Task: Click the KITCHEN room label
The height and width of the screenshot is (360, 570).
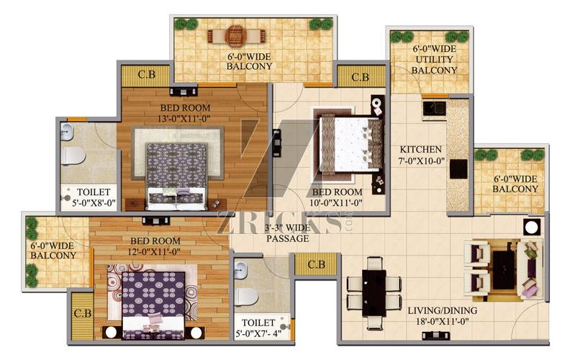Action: pyautogui.click(x=420, y=150)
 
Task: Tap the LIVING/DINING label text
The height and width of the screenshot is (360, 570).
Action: pyautogui.click(x=443, y=311)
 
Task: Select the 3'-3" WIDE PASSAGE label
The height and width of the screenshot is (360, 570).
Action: pyautogui.click(x=288, y=233)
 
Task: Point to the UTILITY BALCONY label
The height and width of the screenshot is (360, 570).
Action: pyautogui.click(x=434, y=65)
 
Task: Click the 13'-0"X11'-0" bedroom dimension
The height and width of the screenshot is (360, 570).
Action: pyautogui.click(x=185, y=119)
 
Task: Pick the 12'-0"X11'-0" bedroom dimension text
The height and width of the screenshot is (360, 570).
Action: pyautogui.click(x=155, y=251)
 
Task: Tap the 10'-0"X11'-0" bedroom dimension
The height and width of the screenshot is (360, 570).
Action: pyautogui.click(x=337, y=202)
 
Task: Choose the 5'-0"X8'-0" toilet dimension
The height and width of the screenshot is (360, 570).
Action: pyautogui.click(x=94, y=203)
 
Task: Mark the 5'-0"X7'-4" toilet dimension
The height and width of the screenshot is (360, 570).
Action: pyautogui.click(x=259, y=333)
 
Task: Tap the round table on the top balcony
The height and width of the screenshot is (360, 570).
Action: pyautogui.click(x=236, y=35)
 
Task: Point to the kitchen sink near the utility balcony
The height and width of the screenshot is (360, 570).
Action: pyautogui.click(x=434, y=109)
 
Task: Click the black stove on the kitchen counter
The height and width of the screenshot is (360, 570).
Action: pyautogui.click(x=458, y=168)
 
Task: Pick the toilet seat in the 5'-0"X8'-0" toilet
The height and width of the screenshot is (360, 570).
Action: pyautogui.click(x=73, y=156)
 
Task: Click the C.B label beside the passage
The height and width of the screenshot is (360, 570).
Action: pyautogui.click(x=316, y=264)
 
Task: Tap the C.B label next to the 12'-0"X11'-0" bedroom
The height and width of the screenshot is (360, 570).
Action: pyautogui.click(x=83, y=313)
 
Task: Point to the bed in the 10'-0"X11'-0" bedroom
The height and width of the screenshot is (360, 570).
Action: pyautogui.click(x=350, y=145)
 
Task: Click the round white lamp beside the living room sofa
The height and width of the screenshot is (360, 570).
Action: pyautogui.click(x=532, y=228)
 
